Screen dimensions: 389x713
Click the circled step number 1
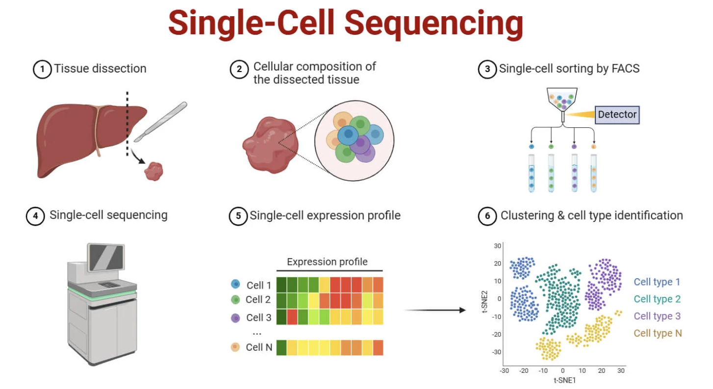(42, 69)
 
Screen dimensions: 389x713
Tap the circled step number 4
(35, 216)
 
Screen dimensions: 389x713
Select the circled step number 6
(487, 216)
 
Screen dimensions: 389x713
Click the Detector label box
(617, 115)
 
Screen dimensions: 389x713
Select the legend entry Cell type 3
(657, 316)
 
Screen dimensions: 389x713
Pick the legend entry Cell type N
(658, 333)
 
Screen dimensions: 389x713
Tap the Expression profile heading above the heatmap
(327, 262)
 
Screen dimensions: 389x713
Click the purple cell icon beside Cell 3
(236, 317)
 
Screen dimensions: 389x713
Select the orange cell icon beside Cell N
(236, 347)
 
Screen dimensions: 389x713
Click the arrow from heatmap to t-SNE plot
(433, 310)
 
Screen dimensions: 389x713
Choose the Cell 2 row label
(258, 299)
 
